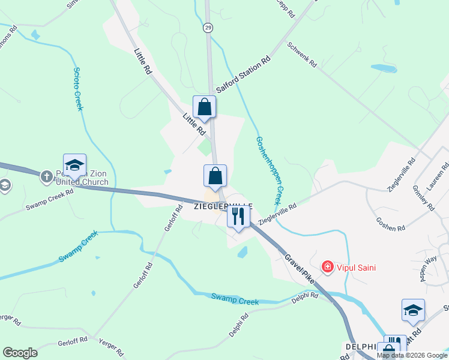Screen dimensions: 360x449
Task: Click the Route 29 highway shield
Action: coord(208,28)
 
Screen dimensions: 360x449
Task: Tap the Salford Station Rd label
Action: coord(244,75)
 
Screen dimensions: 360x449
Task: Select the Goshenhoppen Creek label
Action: coord(269,170)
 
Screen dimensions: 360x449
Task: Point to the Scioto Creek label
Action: coord(79,88)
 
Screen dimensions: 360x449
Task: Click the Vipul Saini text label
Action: coord(356,268)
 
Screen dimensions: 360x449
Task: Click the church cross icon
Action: coord(46,176)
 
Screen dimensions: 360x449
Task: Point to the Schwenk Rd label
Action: coord(301,55)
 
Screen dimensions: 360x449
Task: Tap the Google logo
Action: coord(20,353)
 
